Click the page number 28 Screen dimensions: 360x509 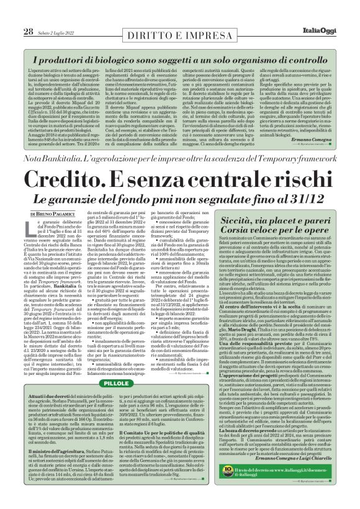click(x=29, y=31)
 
